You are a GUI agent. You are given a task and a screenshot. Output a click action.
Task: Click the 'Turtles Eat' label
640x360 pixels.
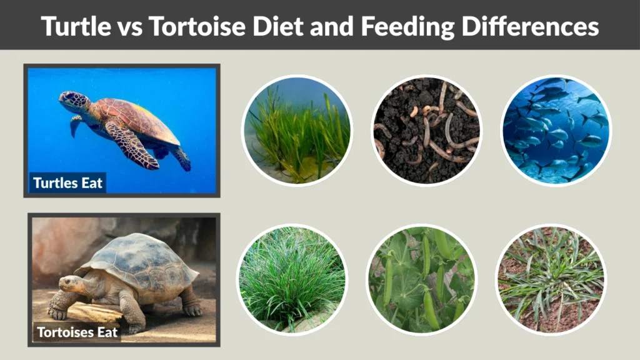68,183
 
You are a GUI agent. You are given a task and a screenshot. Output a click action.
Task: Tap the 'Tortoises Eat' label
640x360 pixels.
77,332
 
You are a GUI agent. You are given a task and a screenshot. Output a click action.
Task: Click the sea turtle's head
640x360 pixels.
74,101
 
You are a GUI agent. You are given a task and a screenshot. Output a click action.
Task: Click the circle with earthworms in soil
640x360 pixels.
426,131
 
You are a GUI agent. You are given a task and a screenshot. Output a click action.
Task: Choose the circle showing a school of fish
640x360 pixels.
556,131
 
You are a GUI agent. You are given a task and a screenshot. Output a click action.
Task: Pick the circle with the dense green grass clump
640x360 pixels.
292,279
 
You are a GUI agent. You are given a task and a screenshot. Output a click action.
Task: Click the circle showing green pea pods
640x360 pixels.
421,279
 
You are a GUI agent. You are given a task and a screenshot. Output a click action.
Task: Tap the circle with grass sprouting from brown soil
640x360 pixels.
551,279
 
